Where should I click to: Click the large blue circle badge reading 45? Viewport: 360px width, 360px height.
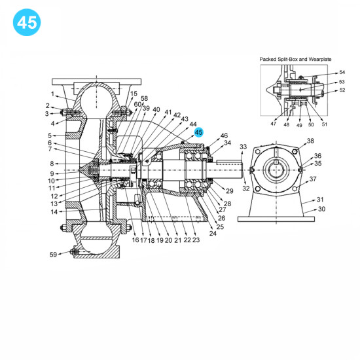click(27, 22)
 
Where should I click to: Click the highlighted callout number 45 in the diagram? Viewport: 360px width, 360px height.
click(199, 132)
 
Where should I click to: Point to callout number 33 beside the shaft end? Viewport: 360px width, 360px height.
click(243, 147)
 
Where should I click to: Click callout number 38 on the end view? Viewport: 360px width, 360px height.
click(310, 141)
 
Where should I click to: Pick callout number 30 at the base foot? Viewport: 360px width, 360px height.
click(321, 209)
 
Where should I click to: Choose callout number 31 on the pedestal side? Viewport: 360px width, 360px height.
click(320, 199)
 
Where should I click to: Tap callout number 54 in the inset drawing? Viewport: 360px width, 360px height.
click(342, 73)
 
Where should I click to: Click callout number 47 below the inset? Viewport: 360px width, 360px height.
click(273, 124)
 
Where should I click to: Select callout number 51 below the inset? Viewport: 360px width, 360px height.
click(325, 124)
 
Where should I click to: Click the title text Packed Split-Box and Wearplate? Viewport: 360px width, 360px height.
click(296, 58)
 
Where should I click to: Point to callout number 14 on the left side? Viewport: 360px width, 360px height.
click(54, 211)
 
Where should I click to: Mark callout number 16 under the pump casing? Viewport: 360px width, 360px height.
click(135, 240)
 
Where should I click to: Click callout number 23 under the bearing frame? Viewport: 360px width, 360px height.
click(196, 240)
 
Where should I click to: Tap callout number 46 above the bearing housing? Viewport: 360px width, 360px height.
click(224, 135)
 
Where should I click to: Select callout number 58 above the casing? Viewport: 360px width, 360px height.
click(145, 98)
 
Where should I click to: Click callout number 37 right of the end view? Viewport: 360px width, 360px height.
click(313, 179)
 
